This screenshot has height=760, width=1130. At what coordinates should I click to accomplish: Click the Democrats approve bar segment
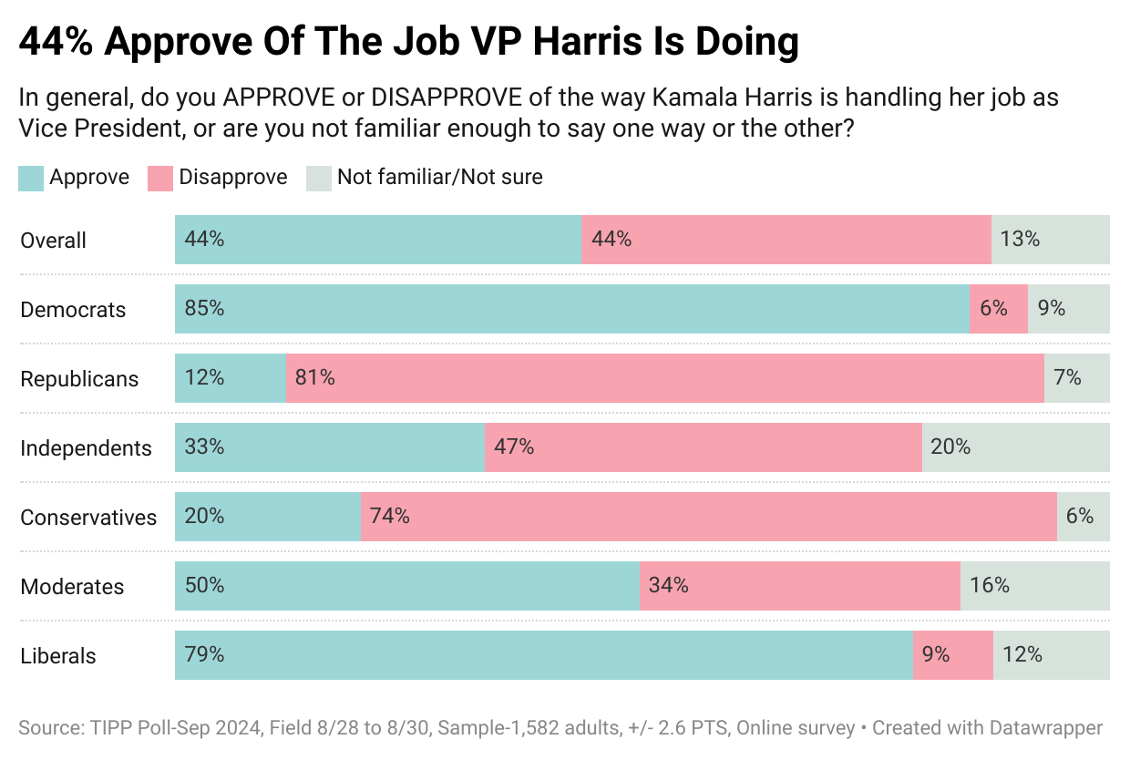[571, 309]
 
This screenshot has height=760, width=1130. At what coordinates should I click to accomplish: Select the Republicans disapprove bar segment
[664, 378]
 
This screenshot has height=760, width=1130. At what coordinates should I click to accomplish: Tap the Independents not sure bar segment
[1015, 447]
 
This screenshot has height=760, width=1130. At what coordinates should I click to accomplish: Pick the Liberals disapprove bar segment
[952, 655]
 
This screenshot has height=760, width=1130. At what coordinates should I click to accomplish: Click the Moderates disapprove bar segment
[799, 586]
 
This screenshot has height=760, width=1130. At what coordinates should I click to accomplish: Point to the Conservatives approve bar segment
[267, 517]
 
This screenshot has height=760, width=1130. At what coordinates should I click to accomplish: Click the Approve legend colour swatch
[31, 178]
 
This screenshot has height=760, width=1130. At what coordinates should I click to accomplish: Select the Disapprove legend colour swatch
[160, 178]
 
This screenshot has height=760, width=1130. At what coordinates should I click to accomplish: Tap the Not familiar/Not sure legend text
[439, 177]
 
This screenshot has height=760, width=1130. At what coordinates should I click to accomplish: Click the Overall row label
[53, 241]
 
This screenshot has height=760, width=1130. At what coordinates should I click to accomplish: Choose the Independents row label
[86, 448]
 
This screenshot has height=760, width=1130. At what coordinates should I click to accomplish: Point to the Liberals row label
[57, 656]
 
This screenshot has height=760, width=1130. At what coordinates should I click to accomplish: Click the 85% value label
[204, 309]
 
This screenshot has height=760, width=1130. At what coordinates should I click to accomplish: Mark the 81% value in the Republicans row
[315, 378]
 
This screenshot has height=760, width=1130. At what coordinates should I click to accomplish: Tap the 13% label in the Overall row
[1020, 240]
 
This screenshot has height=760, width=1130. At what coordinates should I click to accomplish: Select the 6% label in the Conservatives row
[1079, 517]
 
